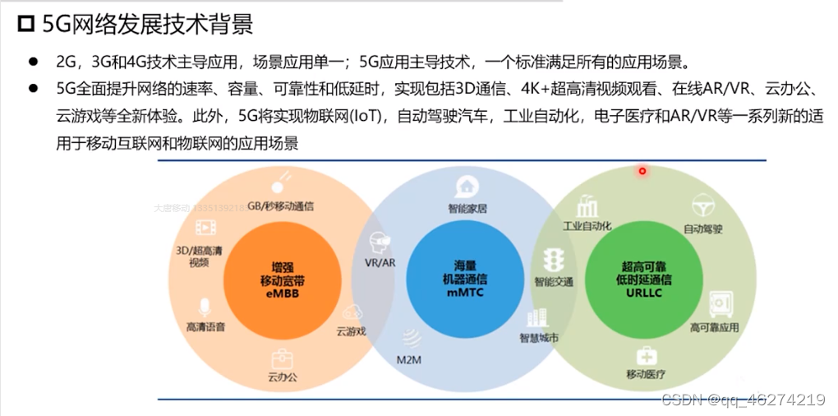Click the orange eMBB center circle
[272, 280]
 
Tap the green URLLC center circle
[638, 280]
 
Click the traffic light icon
[554, 260]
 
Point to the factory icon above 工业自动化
[587, 205]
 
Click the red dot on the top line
[642, 171]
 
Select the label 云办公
[282, 378]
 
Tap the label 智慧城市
[538, 337]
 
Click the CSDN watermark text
[743, 400]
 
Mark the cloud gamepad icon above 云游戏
[352, 313]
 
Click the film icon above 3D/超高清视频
[205, 229]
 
